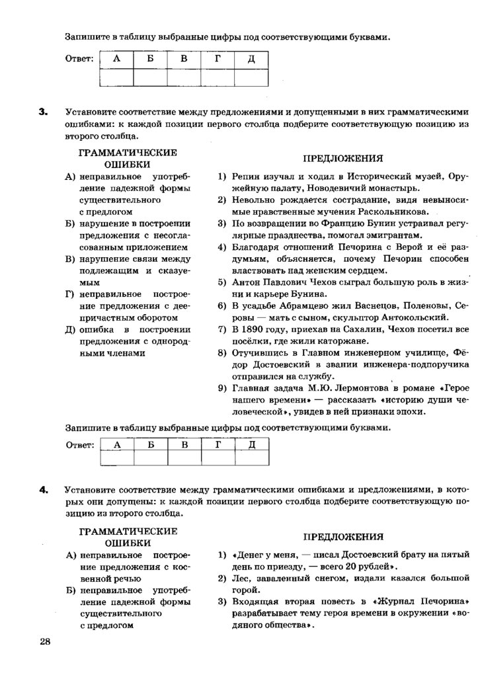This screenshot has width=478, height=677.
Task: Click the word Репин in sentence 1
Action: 245,177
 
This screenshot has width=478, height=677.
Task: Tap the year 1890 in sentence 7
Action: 253,329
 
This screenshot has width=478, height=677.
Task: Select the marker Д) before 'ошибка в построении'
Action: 70,329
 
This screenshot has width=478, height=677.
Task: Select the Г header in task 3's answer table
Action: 216,444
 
